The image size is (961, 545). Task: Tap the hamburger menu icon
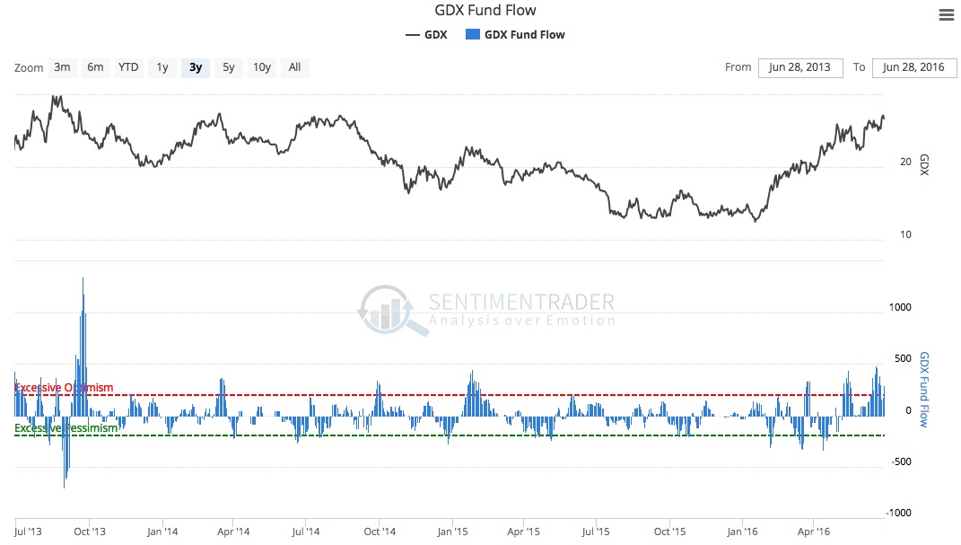946,14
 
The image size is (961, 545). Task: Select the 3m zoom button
62,67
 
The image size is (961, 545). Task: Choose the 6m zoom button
95,67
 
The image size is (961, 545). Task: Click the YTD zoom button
128,67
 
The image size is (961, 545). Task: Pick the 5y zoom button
229,67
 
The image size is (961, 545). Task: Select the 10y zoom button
261,67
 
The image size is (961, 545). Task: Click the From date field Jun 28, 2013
800,67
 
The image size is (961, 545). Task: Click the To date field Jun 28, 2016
913,67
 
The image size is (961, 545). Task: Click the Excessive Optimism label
65,388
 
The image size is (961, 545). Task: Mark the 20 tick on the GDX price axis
905,162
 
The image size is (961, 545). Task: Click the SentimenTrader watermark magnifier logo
388,310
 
